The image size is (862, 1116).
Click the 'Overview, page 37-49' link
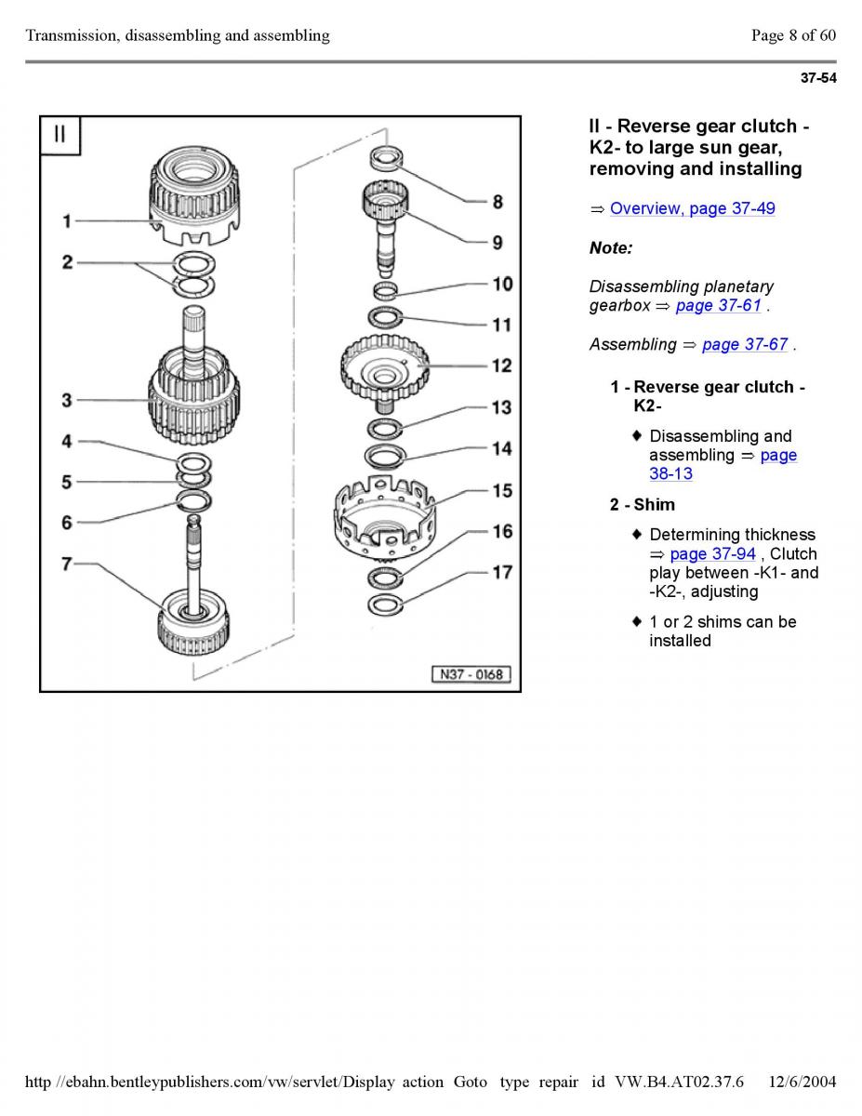[x=692, y=208]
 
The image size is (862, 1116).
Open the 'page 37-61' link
[x=718, y=305]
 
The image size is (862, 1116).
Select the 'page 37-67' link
[x=745, y=344]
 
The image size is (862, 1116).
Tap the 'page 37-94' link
[x=712, y=553]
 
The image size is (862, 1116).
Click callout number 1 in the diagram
[x=67, y=221]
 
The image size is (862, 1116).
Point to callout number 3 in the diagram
[x=67, y=401]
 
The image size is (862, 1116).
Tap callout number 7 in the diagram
[x=67, y=565]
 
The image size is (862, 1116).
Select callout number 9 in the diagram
[x=497, y=243]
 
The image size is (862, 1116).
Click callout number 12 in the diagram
[x=501, y=366]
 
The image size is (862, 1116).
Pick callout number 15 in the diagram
[x=501, y=491]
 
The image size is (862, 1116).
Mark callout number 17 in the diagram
[x=501, y=573]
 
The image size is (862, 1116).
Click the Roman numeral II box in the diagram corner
[x=60, y=134]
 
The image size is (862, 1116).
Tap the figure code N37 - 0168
[x=471, y=674]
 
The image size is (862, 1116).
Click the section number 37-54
[x=818, y=78]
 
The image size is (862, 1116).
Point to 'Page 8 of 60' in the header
[x=793, y=35]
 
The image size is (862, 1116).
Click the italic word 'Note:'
[x=610, y=248]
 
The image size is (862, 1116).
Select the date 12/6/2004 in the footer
[x=803, y=1082]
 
